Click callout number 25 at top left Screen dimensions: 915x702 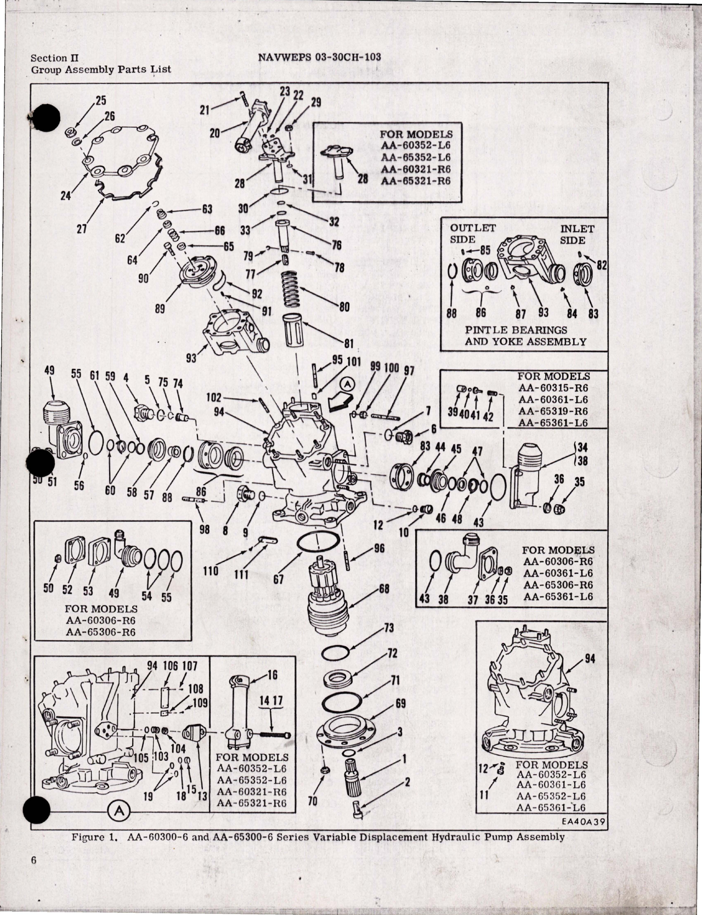click(x=101, y=100)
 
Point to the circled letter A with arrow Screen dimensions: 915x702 click(x=347, y=386)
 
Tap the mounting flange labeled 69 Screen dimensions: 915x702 click(x=346, y=728)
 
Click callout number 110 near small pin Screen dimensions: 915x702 click(x=210, y=571)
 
